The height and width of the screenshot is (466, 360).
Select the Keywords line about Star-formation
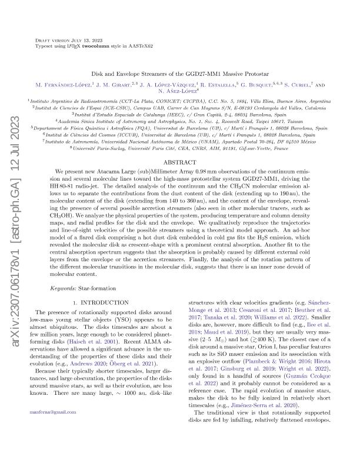click(83, 289)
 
